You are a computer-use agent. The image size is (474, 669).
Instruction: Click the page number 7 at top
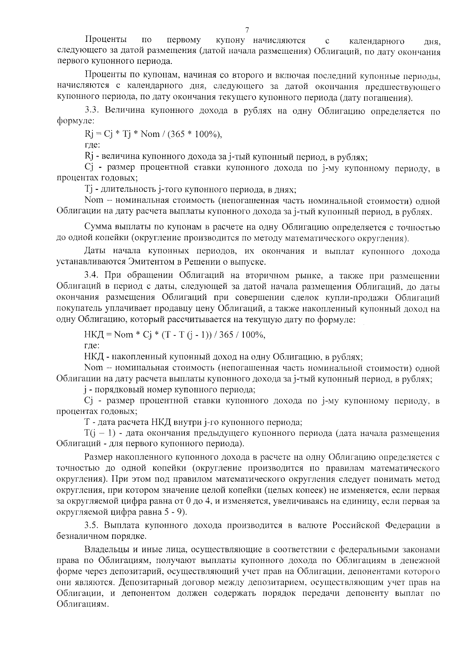click(247, 30)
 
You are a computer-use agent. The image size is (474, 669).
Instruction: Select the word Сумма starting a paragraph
click(98, 228)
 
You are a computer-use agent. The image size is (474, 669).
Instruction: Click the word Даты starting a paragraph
click(95, 251)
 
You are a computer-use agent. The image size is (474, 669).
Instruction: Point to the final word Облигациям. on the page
click(82, 604)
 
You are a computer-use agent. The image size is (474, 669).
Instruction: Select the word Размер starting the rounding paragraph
click(99, 457)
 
